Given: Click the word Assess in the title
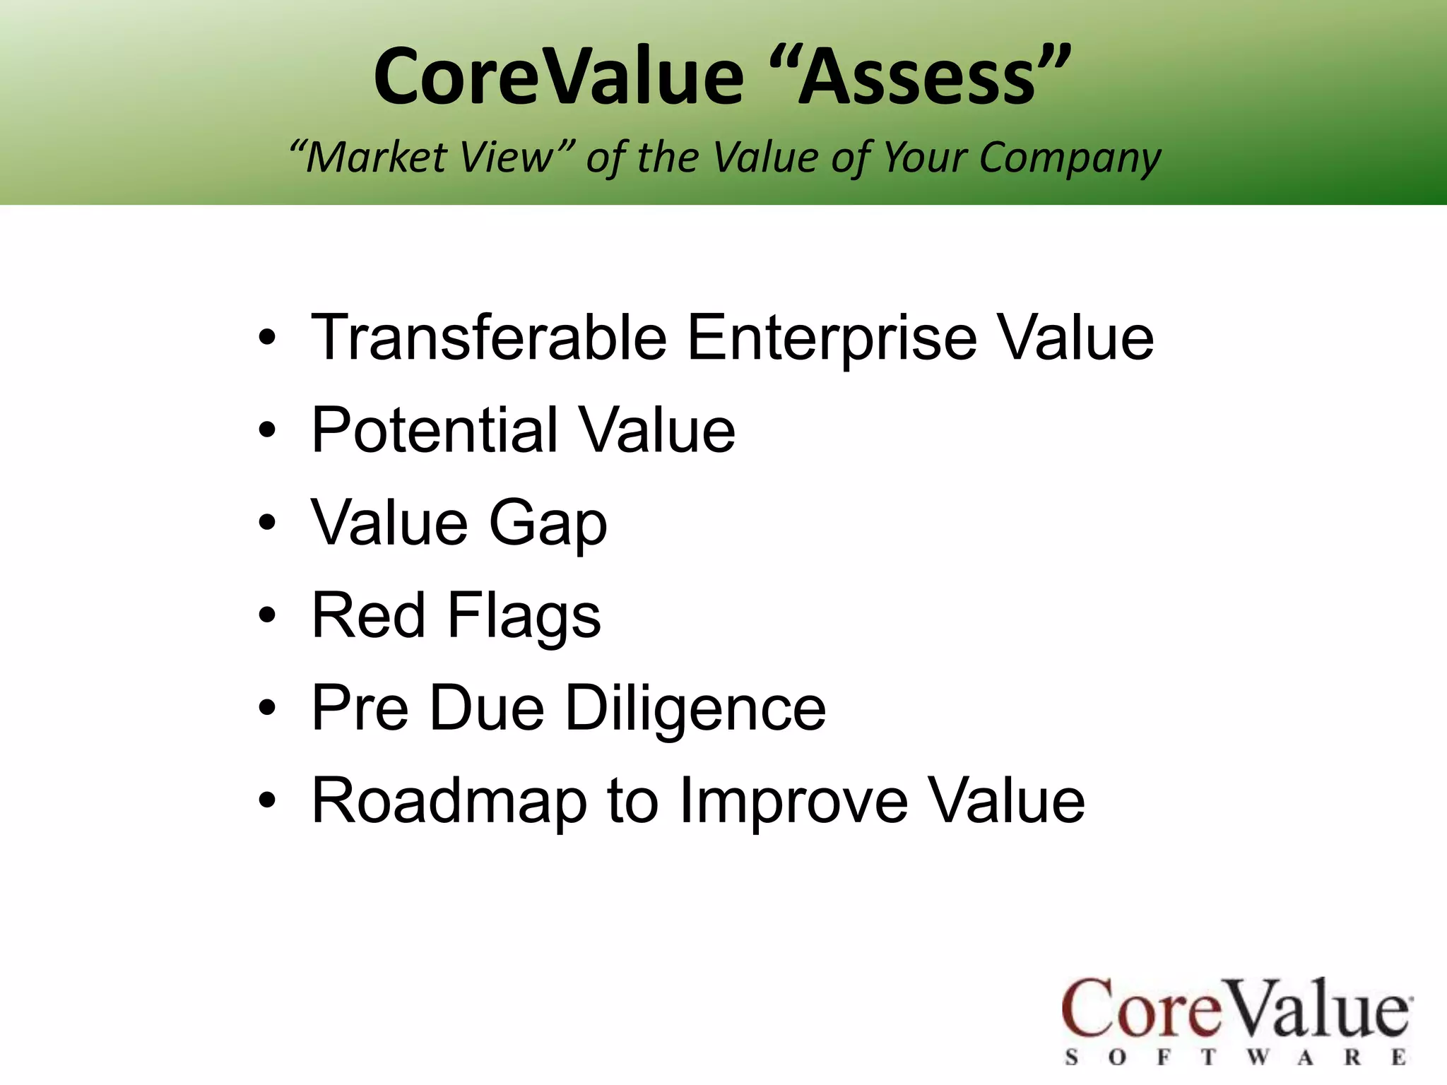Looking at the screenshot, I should click(918, 76).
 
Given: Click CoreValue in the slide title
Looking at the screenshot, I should click(558, 76).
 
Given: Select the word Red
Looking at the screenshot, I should click(368, 615).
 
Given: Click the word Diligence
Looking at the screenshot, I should click(695, 708).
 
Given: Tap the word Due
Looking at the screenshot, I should click(487, 708).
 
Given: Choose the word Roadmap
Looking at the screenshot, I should click(449, 802).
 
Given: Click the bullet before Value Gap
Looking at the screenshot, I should click(267, 523).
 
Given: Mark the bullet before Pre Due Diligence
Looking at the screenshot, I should click(267, 708).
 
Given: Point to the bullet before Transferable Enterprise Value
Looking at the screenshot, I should click(267, 338).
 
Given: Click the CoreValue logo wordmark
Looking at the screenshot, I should click(1236, 1009).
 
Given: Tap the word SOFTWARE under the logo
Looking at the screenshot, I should click(1236, 1057).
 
